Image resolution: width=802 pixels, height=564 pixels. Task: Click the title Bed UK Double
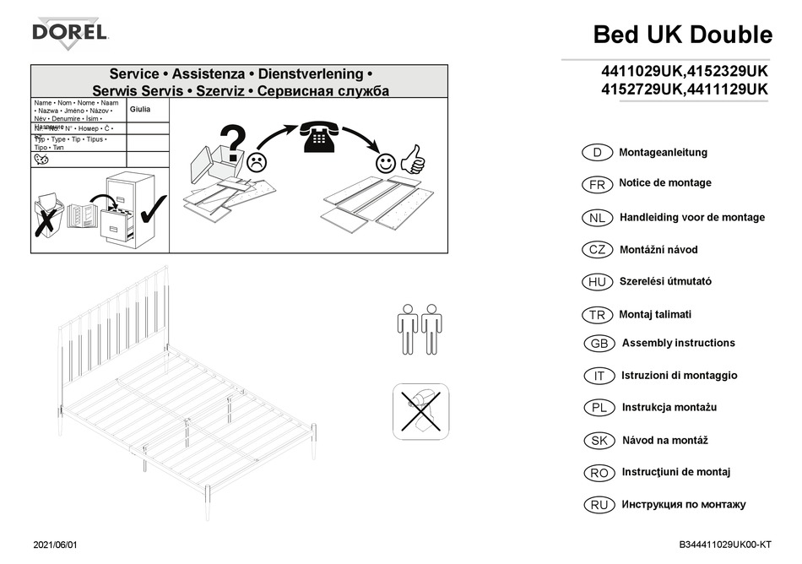pyautogui.click(x=682, y=35)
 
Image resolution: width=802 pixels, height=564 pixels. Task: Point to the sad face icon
pyautogui.click(x=257, y=160)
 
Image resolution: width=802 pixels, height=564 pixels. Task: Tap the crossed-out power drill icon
pyautogui.click(x=420, y=411)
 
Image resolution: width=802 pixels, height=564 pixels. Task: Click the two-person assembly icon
pyautogui.click(x=420, y=329)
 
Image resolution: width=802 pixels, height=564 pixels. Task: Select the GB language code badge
pyautogui.click(x=599, y=344)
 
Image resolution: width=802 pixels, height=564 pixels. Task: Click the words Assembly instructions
pyautogui.click(x=678, y=343)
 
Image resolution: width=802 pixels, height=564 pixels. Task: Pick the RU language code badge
pyautogui.click(x=599, y=505)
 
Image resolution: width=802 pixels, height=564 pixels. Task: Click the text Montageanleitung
pyautogui.click(x=663, y=153)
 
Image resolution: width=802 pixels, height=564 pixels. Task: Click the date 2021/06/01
pyautogui.click(x=60, y=545)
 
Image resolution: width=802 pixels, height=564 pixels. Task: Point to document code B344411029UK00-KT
pyautogui.click(x=725, y=545)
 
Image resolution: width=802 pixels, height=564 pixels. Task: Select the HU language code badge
pyautogui.click(x=598, y=282)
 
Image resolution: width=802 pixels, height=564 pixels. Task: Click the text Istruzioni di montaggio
pyautogui.click(x=679, y=376)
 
